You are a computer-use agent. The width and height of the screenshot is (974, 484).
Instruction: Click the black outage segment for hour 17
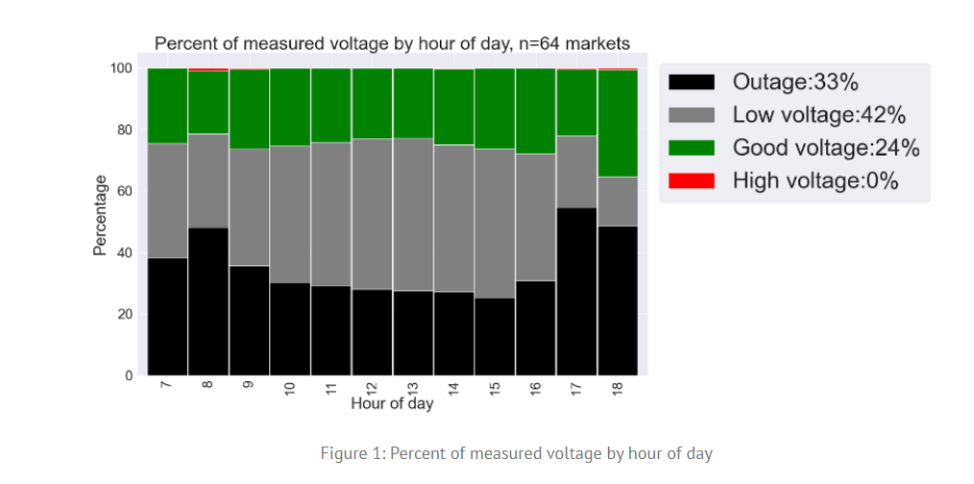(576, 291)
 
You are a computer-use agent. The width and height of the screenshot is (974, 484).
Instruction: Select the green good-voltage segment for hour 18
(618, 123)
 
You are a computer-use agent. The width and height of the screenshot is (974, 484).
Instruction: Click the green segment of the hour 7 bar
(166, 106)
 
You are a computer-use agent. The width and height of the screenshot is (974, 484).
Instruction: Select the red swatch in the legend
(692, 180)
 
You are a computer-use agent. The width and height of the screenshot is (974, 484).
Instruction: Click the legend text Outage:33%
(794, 83)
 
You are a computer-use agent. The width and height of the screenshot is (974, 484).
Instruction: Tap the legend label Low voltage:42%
(819, 115)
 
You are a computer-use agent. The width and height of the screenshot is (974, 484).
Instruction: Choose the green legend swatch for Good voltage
(692, 147)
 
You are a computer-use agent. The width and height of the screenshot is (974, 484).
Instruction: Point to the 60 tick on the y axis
(124, 191)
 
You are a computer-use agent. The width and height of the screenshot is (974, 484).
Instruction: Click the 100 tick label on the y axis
(120, 68)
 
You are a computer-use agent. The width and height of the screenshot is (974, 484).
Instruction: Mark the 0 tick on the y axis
(128, 375)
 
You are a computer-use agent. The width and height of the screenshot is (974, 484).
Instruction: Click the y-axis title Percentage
(99, 215)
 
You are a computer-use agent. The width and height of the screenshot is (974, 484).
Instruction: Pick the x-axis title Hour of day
(392, 403)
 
